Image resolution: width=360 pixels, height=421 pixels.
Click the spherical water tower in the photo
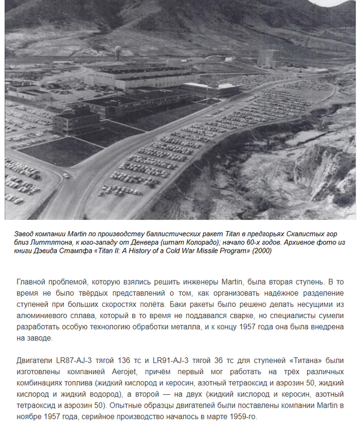click(x=118, y=52)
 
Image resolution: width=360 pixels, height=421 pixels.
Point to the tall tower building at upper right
click(x=268, y=58)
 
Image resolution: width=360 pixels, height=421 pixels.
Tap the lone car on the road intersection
click(x=66, y=176)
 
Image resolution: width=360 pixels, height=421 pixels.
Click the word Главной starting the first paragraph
click(x=33, y=282)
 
